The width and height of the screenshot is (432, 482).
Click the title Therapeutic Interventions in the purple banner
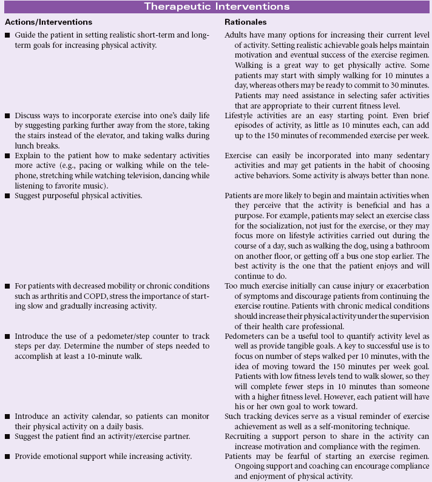point(216,7)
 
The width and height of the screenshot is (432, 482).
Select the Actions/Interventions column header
point(49,22)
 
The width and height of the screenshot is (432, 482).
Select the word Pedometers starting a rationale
point(246,335)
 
